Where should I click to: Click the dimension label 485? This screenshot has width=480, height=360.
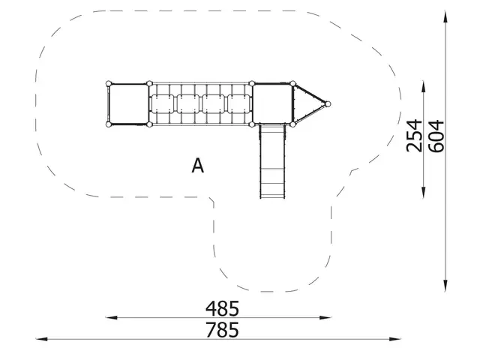coord(223,308)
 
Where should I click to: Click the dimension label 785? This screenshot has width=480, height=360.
coord(223,329)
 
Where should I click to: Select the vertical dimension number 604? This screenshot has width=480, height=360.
coord(436,135)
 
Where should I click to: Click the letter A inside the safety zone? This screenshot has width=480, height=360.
coord(197,166)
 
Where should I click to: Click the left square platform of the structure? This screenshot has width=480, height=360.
coord(128,103)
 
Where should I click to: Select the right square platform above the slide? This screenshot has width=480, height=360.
coord(271,103)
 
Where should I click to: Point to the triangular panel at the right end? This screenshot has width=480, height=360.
coord(308,103)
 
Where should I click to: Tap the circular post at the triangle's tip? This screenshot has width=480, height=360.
coord(328,103)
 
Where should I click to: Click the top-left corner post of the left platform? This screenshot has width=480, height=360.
coord(109,83)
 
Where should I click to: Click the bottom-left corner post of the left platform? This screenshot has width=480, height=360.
coord(109,124)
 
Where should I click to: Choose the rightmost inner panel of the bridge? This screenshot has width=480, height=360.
coord(240,103)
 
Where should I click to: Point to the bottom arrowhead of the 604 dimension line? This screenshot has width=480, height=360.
coord(448,286)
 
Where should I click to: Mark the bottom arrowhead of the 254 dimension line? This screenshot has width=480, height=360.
coord(425,197)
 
